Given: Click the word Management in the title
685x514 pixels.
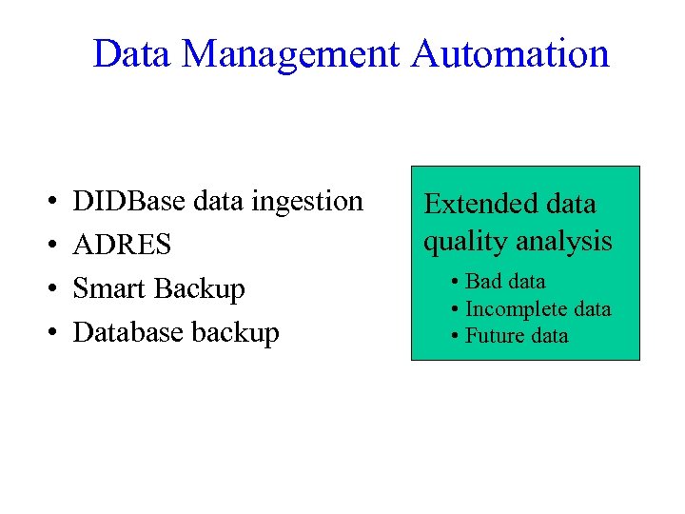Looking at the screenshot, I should (291, 54).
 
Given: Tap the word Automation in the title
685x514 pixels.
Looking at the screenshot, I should (510, 54).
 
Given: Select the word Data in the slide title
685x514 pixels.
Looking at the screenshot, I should (132, 54).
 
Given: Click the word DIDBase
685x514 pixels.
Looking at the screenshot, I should (129, 202).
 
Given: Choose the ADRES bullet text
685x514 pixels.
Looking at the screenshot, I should (122, 246).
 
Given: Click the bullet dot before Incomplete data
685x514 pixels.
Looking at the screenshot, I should (458, 310).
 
